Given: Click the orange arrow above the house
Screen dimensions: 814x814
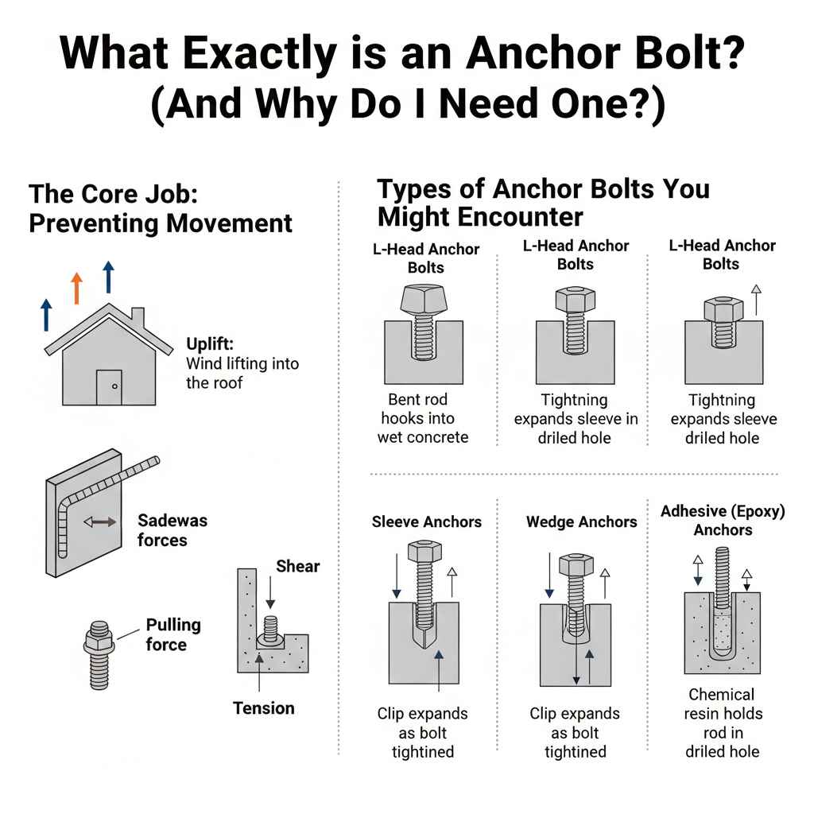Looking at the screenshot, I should pos(77,288).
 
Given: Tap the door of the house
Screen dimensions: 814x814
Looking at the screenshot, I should pos(110,387).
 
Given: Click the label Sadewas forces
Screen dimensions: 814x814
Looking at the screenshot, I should pos(172,530).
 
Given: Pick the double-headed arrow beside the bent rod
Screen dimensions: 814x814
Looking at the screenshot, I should pos(100,521).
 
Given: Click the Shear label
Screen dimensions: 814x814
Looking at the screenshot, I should pos(297,566).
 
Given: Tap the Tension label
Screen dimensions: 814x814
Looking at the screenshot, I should pos(263,707).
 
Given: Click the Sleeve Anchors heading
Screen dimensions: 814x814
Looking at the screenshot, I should pos(426,522).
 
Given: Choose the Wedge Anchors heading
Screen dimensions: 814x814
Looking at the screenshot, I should pos(581,522).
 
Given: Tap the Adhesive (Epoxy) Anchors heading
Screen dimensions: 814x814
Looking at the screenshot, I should pos(722,520).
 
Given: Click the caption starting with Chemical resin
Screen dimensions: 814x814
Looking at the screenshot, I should pos(722,722).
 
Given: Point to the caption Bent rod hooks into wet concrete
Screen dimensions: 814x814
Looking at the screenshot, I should pos(421,418).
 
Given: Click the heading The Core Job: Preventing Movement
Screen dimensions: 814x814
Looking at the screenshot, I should pos(161,208).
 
